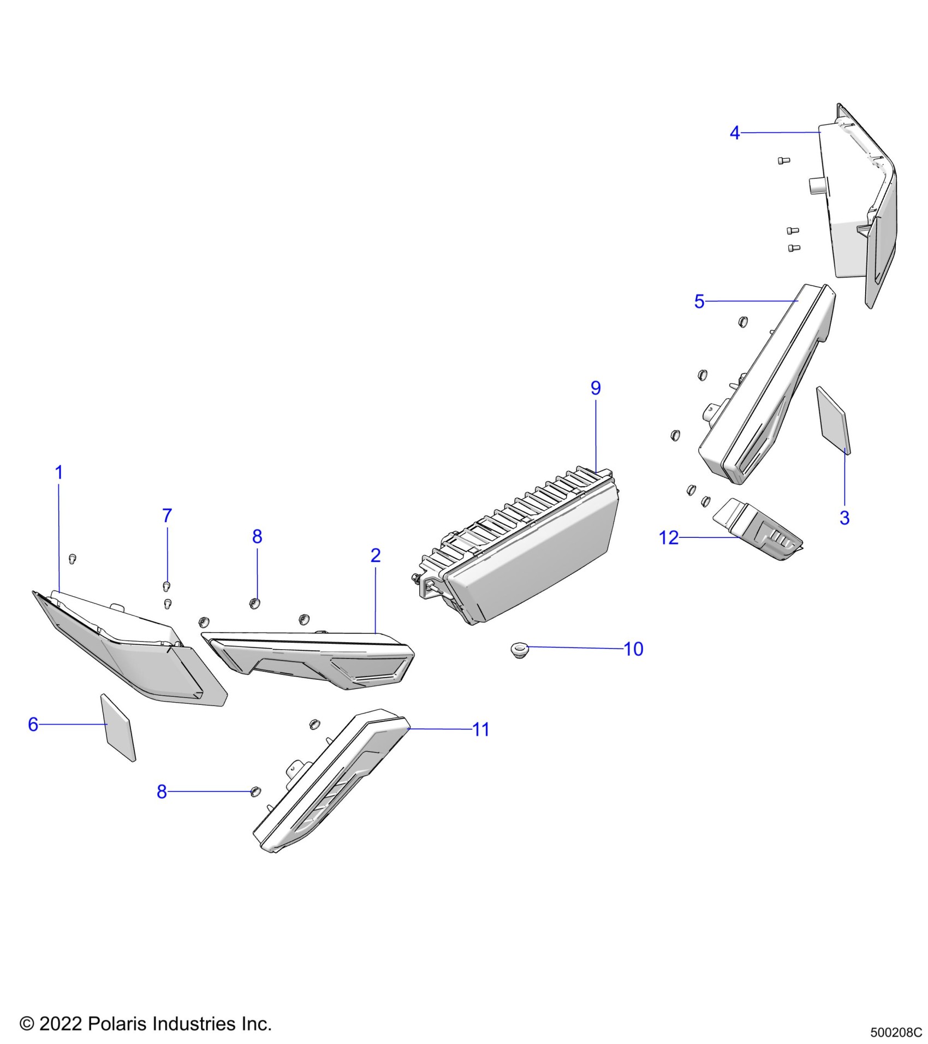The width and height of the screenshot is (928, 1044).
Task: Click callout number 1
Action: click(59, 472)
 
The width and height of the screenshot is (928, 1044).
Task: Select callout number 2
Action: click(376, 555)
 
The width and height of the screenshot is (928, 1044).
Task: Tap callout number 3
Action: click(844, 518)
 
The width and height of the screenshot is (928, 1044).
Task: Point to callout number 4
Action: click(735, 133)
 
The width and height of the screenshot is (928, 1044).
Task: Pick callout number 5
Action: click(699, 301)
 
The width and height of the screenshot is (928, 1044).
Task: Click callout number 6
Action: click(33, 725)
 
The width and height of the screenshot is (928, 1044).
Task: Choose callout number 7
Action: click(167, 515)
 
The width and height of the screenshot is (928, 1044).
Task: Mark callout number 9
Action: click(596, 388)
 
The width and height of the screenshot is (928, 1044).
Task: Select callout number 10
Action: click(633, 649)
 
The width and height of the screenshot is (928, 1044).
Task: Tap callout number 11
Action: click(480, 729)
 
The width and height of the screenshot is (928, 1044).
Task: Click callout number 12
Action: click(669, 538)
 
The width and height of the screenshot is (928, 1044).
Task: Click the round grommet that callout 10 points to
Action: click(517, 650)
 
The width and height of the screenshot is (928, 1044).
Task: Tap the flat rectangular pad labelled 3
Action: click(833, 420)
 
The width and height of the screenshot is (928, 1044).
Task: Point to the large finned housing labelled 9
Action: click(524, 546)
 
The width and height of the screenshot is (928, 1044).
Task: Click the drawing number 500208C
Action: click(896, 1033)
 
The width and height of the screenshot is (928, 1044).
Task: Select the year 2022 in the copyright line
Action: click(61, 1024)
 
